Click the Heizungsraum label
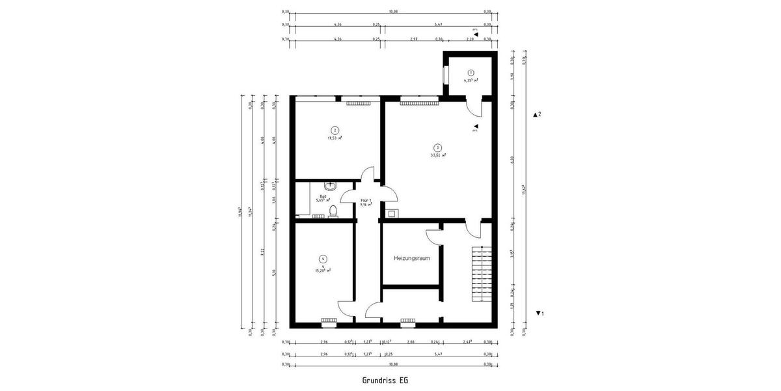click(x=411, y=258)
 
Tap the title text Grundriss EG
click(x=385, y=379)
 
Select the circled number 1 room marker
click(x=471, y=72)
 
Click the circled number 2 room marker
click(x=335, y=130)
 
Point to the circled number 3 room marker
click(x=438, y=147)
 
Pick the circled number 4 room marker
click(x=323, y=259)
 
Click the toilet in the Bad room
click(x=333, y=210)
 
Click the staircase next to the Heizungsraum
click(x=481, y=274)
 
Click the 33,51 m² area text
click(x=438, y=156)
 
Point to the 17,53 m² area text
click(x=335, y=138)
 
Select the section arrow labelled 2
click(x=536, y=115)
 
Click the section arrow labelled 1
click(x=538, y=313)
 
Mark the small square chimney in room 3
click(x=391, y=213)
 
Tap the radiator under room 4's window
click(x=329, y=320)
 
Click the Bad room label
click(x=323, y=196)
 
